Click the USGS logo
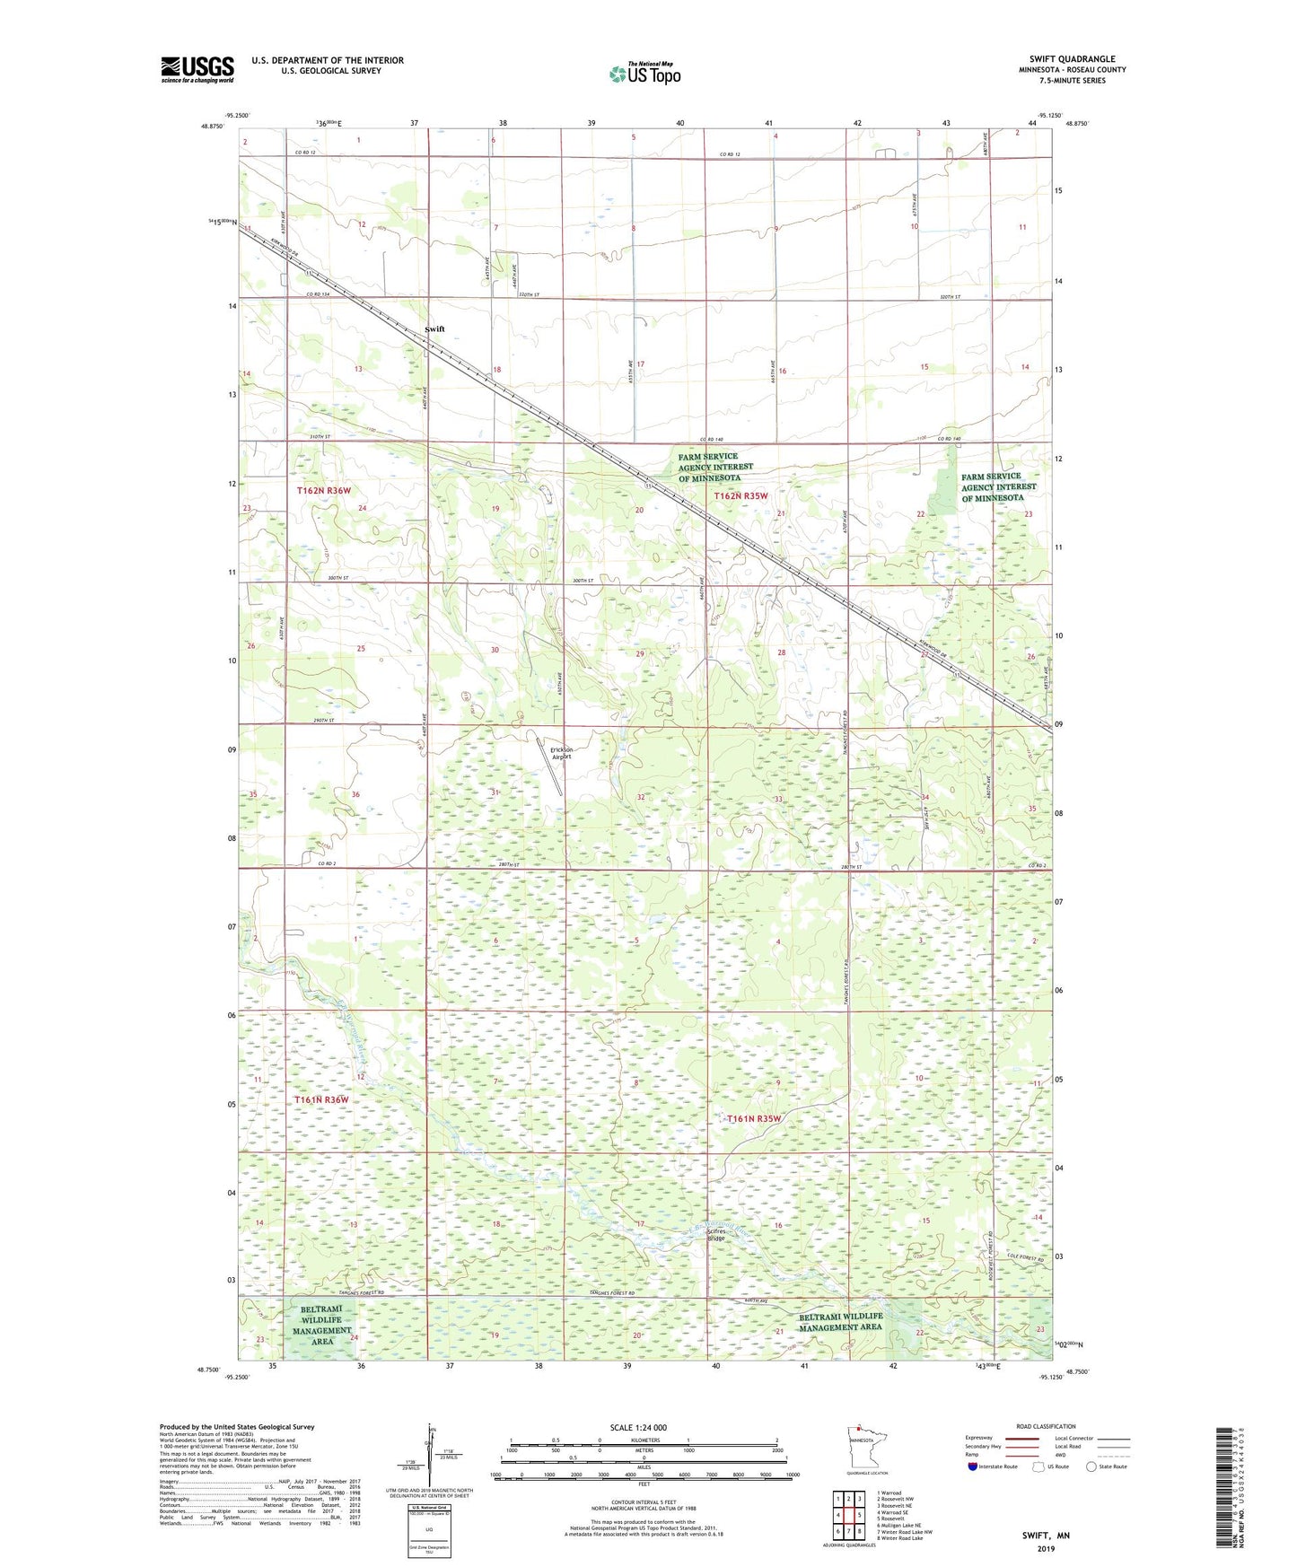click(197, 69)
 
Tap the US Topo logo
click(644, 74)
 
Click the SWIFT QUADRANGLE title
click(1072, 59)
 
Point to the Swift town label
click(434, 329)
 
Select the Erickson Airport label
click(561, 753)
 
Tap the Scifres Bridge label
click(715, 1234)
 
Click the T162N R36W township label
click(324, 491)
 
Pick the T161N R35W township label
click(755, 1118)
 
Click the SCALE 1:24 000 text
click(638, 1428)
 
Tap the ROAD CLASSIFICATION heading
click(1045, 1426)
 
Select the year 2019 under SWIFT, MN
click(1045, 1548)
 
